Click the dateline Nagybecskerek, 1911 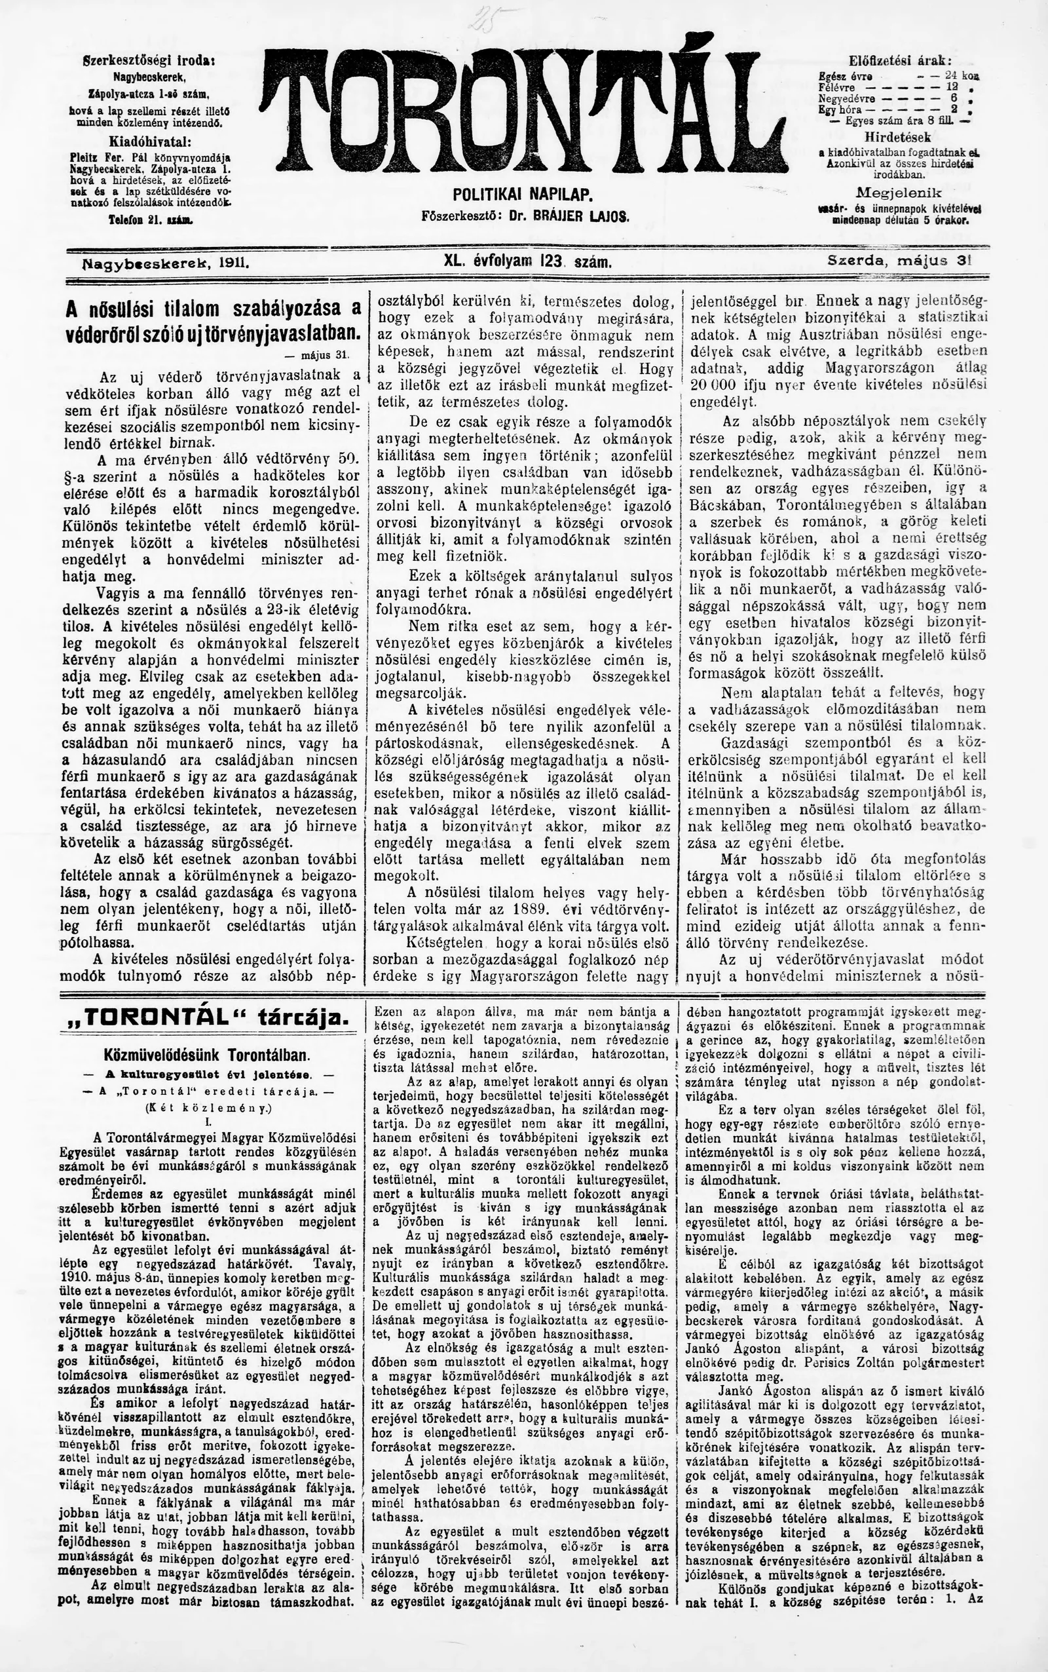(166, 264)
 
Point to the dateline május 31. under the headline (325, 355)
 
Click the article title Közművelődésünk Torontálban (206, 1055)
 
